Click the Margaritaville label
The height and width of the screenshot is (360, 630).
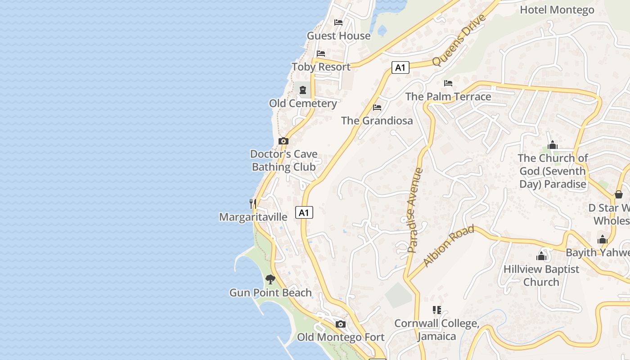tap(253, 217)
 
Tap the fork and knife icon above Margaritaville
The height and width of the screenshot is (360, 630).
tap(253, 204)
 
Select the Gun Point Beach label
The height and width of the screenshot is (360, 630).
tap(270, 292)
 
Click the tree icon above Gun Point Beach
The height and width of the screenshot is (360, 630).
tap(270, 279)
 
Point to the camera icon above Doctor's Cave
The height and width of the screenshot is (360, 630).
tap(283, 141)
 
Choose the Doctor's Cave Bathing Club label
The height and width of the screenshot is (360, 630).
tap(283, 160)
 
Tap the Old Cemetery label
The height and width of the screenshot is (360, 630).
tap(303, 103)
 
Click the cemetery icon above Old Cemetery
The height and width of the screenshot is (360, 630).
tap(303, 90)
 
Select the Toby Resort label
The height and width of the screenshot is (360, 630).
tap(321, 67)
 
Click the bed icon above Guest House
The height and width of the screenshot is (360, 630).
tap(338, 22)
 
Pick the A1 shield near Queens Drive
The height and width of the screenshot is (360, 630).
tap(400, 68)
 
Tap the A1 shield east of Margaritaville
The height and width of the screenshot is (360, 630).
tap(304, 212)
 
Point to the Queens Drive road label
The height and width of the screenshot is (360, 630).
tap(459, 40)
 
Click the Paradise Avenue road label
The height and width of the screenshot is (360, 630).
tap(415, 210)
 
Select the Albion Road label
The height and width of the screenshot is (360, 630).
tap(449, 246)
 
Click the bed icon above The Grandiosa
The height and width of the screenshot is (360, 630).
tap(377, 107)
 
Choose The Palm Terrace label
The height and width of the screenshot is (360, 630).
tap(448, 96)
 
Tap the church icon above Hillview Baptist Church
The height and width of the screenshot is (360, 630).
tap(541, 256)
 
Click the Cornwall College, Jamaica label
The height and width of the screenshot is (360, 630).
tap(436, 330)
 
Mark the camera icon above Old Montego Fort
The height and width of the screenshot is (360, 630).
tap(341, 324)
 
